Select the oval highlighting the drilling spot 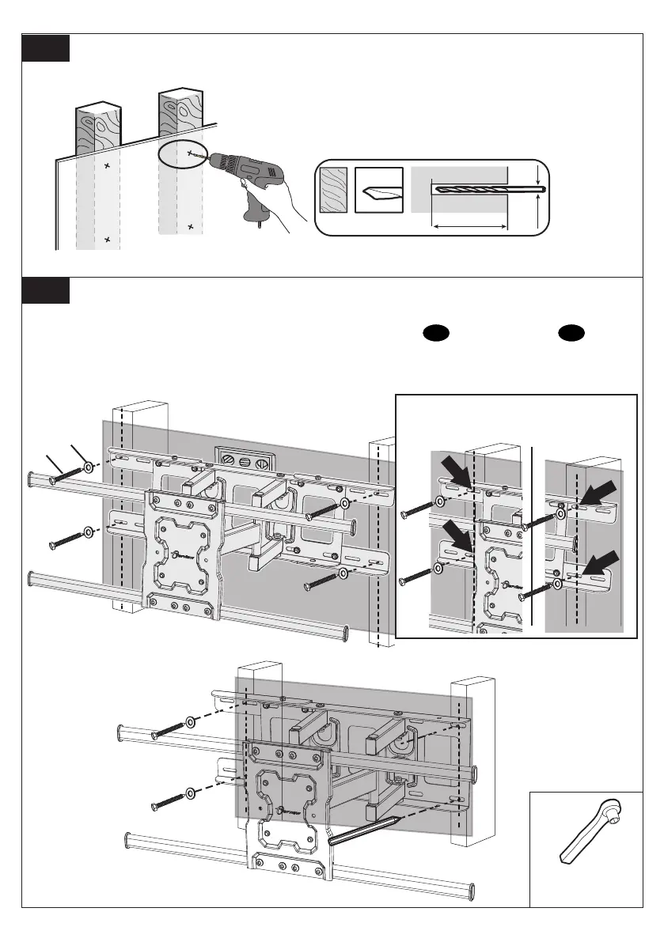[180, 155]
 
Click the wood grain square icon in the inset [332, 191]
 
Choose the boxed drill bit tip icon [378, 191]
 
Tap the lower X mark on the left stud [107, 239]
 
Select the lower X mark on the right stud [190, 227]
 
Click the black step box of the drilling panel [46, 48]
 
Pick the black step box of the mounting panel [46, 290]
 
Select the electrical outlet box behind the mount [245, 460]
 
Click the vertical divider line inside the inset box [534, 538]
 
